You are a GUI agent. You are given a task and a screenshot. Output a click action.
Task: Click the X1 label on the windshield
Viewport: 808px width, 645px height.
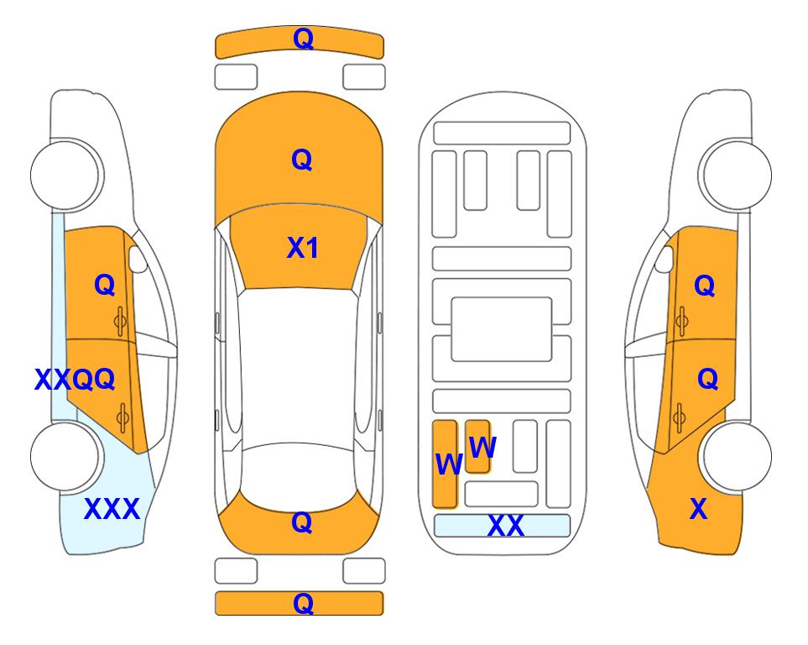[x=302, y=248]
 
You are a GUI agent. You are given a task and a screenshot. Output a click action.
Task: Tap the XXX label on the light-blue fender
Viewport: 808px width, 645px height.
[x=112, y=509]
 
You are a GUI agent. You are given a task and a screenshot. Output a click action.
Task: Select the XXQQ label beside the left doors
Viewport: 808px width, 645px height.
[x=75, y=380]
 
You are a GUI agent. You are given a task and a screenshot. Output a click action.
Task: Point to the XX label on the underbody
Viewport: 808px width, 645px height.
[x=505, y=526]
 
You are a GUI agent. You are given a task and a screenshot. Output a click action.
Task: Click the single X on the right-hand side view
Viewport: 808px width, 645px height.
[x=697, y=509]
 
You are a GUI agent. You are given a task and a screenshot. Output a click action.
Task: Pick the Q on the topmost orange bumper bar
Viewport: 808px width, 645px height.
[x=302, y=39]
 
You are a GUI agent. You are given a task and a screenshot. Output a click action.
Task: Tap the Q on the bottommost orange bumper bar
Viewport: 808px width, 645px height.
[x=302, y=603]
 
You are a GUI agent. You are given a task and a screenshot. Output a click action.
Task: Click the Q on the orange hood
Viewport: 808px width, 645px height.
[x=301, y=160]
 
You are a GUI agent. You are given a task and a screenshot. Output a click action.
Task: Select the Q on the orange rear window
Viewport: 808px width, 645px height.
[x=301, y=522]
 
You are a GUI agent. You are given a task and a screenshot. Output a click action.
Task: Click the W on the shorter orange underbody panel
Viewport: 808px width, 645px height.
[x=482, y=447]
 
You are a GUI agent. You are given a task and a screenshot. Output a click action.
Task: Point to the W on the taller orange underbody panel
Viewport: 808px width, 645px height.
[x=448, y=464]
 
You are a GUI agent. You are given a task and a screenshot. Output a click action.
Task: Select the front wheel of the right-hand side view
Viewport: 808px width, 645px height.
[x=737, y=173]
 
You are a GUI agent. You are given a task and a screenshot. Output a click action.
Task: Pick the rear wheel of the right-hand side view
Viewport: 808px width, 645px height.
[x=737, y=456]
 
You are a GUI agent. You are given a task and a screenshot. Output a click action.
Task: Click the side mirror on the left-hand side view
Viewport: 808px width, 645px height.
[x=138, y=260]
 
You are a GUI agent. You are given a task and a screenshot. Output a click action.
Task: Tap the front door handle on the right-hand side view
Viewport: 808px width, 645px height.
[x=681, y=319]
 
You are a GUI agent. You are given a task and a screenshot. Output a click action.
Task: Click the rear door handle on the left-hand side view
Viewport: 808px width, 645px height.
[x=123, y=414]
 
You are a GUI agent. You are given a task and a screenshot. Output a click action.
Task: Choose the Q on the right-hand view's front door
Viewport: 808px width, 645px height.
[x=704, y=286]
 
